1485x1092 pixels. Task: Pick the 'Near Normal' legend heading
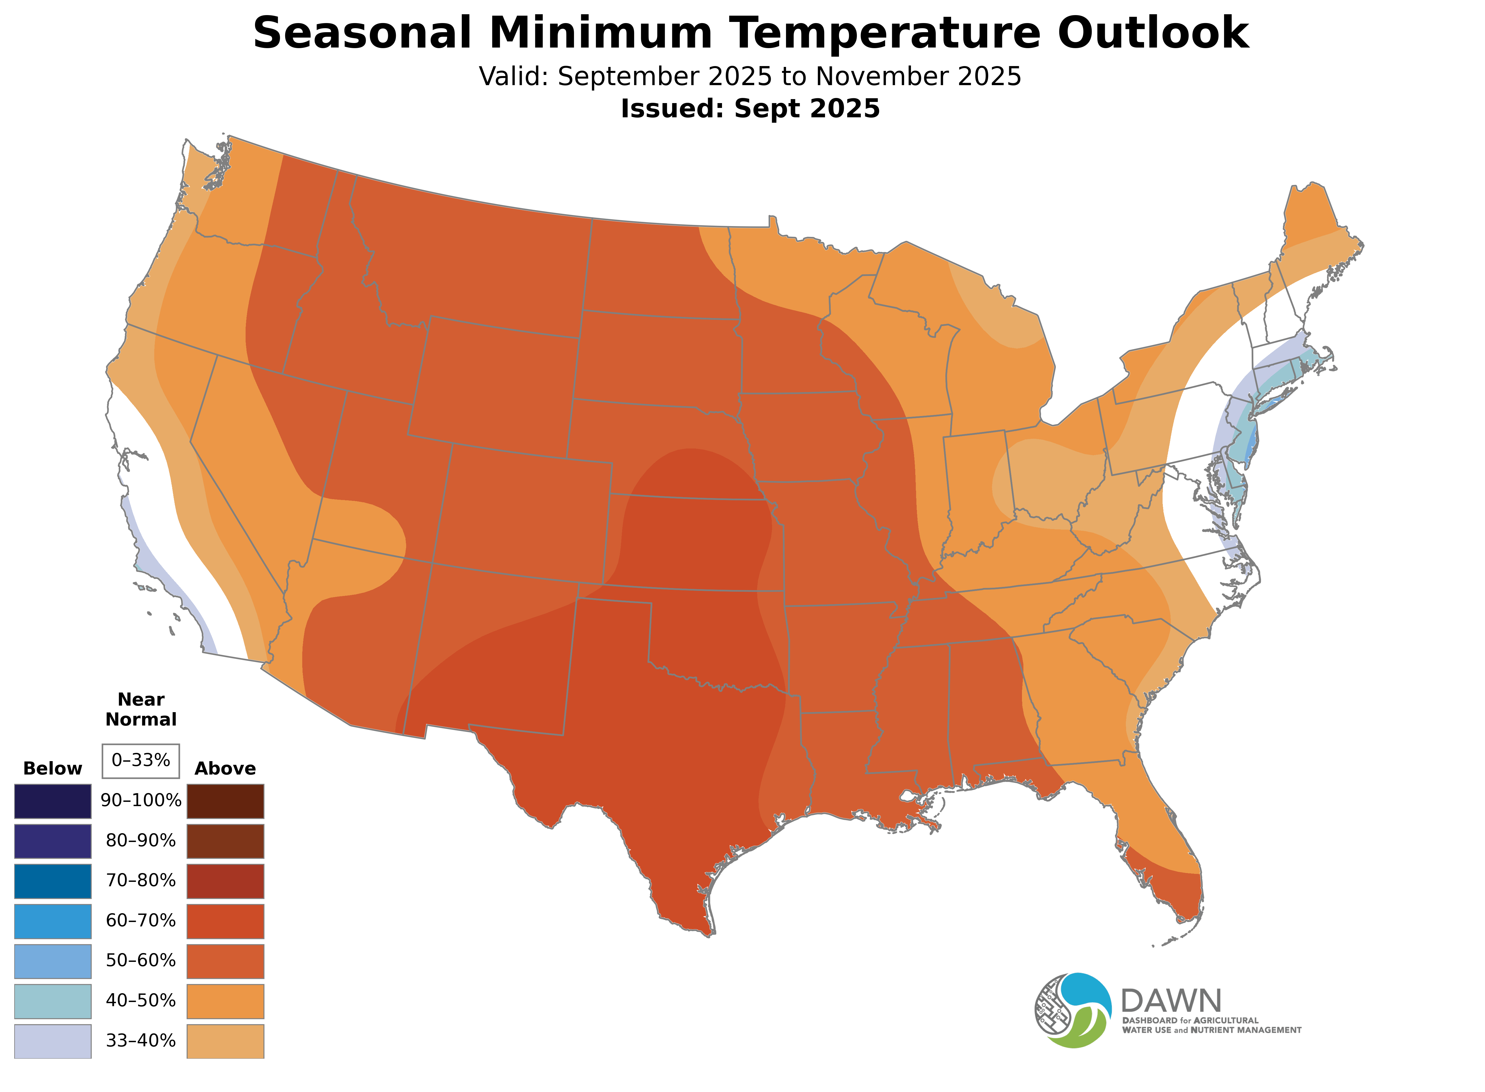pyautogui.click(x=141, y=709)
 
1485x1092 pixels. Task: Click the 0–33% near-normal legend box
pyautogui.click(x=141, y=761)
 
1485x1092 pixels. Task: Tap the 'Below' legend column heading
pyautogui.click(x=52, y=769)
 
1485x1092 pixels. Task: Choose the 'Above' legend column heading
pyautogui.click(x=225, y=769)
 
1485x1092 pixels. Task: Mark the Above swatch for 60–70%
pyautogui.click(x=225, y=921)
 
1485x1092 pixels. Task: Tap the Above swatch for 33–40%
pyautogui.click(x=225, y=1041)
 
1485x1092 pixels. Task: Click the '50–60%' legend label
pyautogui.click(x=141, y=960)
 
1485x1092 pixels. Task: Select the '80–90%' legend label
pyautogui.click(x=141, y=841)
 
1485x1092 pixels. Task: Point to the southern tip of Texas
pyautogui.click(x=708, y=933)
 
